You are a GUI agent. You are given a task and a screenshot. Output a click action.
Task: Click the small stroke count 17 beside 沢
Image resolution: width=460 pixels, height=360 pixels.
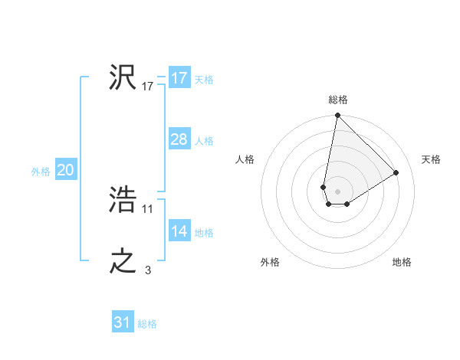click(x=148, y=87)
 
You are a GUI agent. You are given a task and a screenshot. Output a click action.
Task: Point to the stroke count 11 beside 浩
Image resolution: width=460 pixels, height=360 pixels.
click(x=148, y=208)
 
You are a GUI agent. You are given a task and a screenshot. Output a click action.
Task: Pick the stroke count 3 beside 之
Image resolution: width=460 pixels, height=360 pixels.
click(x=148, y=270)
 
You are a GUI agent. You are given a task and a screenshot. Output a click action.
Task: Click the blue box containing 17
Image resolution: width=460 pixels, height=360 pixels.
click(x=179, y=78)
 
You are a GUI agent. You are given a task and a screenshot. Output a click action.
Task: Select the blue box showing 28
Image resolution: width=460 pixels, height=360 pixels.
click(x=179, y=139)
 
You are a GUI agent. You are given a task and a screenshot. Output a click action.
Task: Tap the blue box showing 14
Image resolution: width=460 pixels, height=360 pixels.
click(x=179, y=231)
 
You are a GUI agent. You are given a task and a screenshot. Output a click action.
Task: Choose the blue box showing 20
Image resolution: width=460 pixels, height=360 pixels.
click(x=65, y=170)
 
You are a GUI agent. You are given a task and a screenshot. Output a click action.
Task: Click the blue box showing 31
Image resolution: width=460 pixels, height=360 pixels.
click(x=123, y=322)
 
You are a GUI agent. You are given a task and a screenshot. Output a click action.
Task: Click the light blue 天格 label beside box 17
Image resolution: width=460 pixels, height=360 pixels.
click(x=204, y=80)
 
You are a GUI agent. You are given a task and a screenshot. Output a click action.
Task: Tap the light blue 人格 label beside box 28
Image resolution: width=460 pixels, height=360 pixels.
click(x=204, y=141)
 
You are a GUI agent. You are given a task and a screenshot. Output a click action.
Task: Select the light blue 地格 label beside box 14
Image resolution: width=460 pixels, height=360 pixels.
click(x=204, y=233)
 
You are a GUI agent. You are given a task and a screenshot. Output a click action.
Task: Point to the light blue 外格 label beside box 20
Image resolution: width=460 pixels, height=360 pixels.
click(x=41, y=172)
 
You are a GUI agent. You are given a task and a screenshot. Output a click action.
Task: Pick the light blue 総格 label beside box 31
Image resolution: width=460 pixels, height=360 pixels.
click(x=147, y=324)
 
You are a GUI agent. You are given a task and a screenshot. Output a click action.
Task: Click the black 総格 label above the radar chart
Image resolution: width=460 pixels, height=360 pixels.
click(x=338, y=100)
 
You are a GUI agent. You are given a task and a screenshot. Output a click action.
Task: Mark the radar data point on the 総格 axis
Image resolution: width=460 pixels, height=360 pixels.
click(x=337, y=116)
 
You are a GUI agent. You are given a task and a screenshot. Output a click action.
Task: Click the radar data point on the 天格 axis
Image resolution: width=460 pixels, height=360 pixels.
click(x=396, y=173)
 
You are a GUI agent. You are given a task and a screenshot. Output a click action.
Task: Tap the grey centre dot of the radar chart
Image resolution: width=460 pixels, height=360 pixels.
click(x=337, y=190)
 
